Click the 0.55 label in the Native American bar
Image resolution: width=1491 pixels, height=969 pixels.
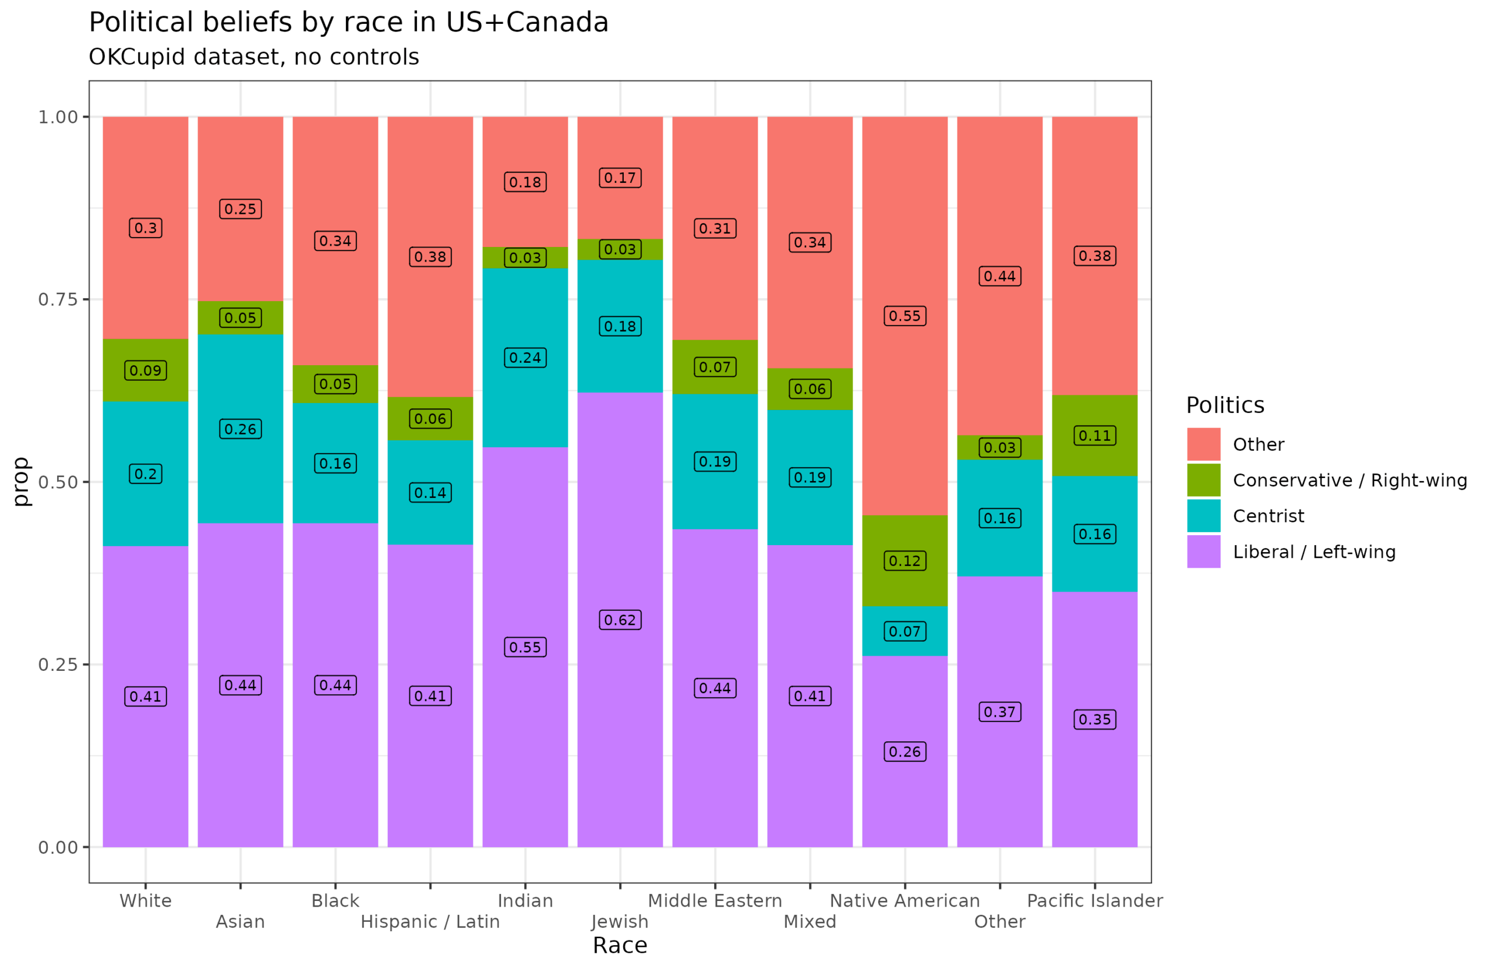[x=905, y=316]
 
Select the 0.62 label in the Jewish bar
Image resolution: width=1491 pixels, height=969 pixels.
[x=620, y=620]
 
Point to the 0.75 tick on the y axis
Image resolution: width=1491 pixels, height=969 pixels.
[x=58, y=299]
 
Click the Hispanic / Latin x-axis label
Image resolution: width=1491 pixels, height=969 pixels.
[x=430, y=921]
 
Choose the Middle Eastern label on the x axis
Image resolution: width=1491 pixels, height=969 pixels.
[x=715, y=901]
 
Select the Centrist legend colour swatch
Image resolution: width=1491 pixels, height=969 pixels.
[x=1203, y=515]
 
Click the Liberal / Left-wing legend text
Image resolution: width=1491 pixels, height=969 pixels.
[x=1314, y=552]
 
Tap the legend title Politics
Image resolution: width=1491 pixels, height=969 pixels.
[x=1225, y=405]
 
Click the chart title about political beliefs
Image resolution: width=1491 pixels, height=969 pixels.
[x=348, y=23]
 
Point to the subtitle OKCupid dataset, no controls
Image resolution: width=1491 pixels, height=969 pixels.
[x=254, y=57]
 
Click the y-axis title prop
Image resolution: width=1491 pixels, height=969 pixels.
[x=20, y=481]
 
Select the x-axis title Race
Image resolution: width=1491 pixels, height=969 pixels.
[x=620, y=945]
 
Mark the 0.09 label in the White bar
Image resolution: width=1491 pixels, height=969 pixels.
[x=146, y=370]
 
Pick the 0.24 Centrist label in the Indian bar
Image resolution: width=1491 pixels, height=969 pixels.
[x=525, y=358]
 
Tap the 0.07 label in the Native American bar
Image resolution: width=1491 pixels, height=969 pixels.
[x=905, y=631]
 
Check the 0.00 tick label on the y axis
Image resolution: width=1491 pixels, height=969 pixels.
[x=58, y=847]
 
